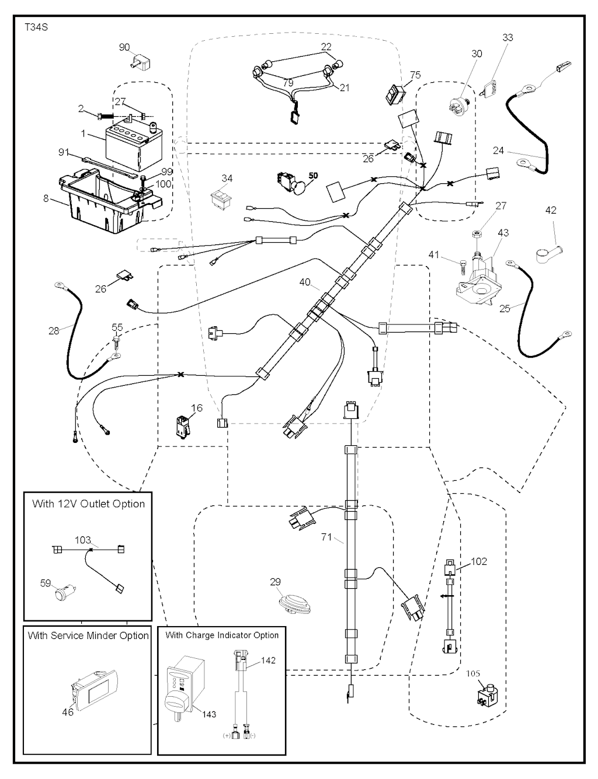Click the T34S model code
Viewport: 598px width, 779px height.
36,27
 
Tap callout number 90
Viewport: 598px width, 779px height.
124,47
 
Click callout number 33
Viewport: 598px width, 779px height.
507,37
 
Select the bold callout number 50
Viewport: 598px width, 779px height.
313,175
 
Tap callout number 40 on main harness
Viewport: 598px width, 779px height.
305,282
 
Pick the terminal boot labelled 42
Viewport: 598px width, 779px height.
548,253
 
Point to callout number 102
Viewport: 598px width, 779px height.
478,561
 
